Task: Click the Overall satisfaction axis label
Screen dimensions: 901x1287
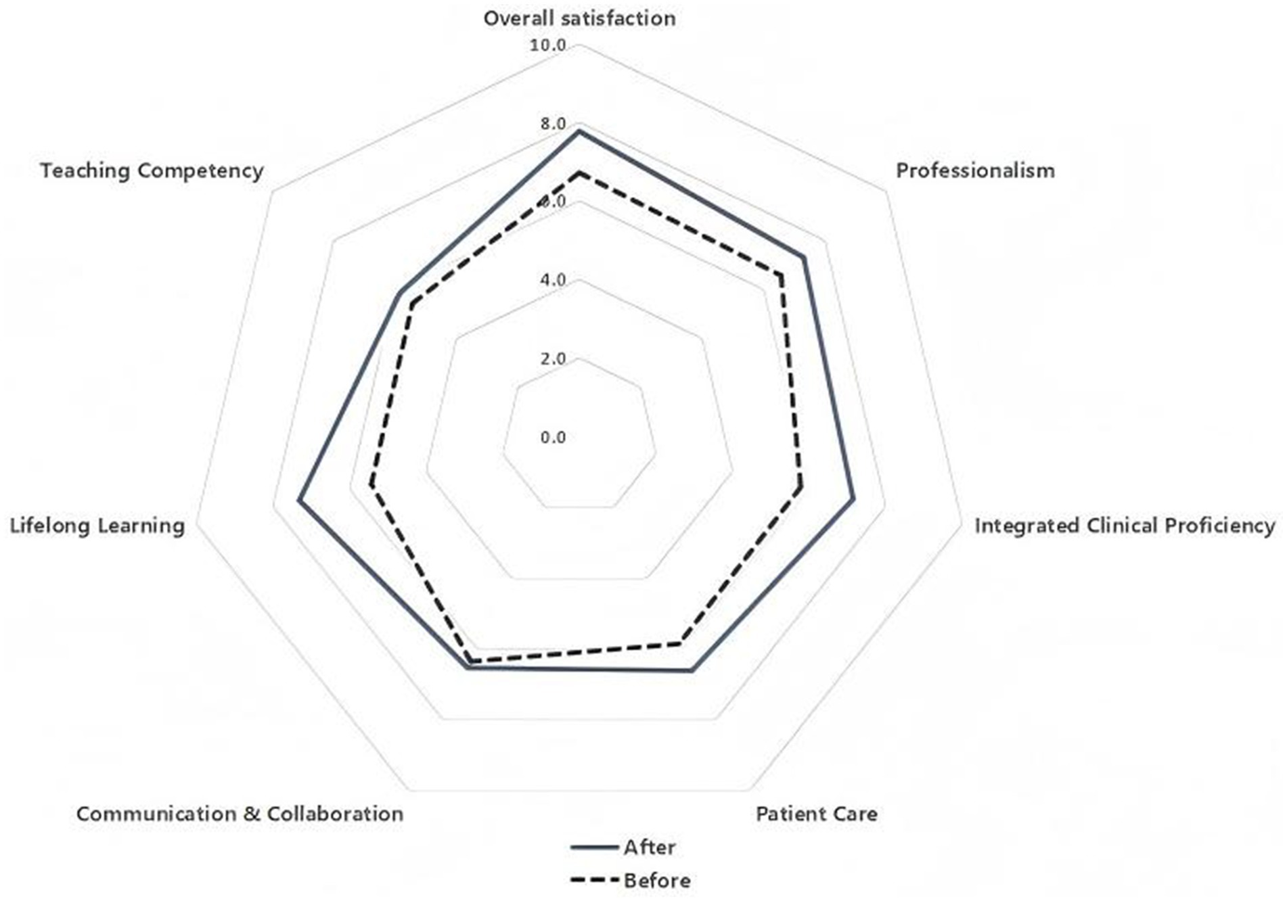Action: coord(579,18)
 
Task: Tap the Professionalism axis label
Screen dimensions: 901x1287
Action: coord(975,170)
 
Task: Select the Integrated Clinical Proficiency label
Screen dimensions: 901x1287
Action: coord(1125,526)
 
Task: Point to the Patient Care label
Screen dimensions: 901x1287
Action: coord(816,813)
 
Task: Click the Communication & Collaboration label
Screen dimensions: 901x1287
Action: coord(240,813)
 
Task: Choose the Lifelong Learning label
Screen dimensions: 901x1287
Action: coord(97,526)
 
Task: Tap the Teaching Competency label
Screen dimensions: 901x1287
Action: coord(152,170)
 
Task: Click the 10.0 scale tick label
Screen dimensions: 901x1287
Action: coord(547,45)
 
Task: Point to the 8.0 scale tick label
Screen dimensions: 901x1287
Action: coord(552,124)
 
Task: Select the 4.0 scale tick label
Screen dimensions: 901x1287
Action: coord(552,280)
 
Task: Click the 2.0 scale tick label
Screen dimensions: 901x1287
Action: coord(552,359)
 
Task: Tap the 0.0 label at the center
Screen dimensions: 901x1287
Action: coord(552,438)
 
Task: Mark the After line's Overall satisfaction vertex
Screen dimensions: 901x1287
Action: coord(579,131)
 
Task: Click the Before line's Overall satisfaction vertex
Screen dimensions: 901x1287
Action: coord(579,174)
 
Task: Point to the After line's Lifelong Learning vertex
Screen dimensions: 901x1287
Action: coord(299,501)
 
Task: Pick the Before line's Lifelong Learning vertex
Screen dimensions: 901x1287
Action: coord(371,484)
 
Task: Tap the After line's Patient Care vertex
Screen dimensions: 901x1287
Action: coord(691,670)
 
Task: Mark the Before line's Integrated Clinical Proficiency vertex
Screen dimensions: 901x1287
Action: coord(800,486)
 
